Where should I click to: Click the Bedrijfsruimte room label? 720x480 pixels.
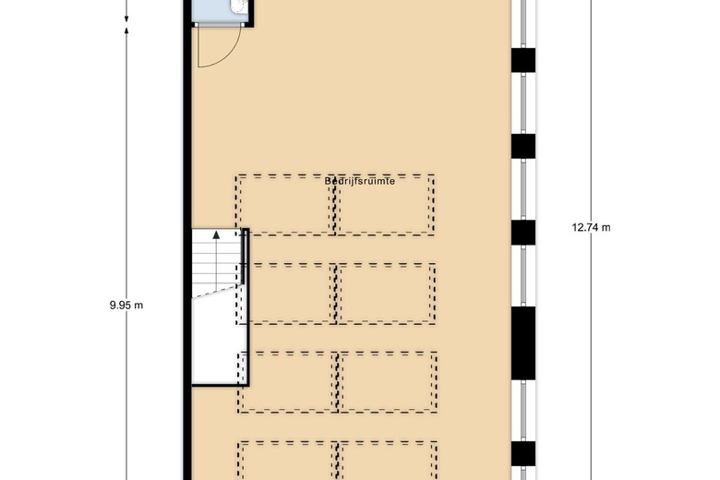360,182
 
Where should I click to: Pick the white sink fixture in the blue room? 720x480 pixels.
238,6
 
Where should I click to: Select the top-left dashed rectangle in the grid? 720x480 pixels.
286,204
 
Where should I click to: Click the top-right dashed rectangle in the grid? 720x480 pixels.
386,204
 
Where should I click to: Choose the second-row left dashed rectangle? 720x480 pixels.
286,294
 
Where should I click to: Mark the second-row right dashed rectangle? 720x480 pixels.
386,294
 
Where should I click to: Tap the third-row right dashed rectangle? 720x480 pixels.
386,381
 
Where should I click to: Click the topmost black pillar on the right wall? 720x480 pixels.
523,59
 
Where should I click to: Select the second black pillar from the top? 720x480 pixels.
523,146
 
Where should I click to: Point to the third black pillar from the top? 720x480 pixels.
523,232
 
